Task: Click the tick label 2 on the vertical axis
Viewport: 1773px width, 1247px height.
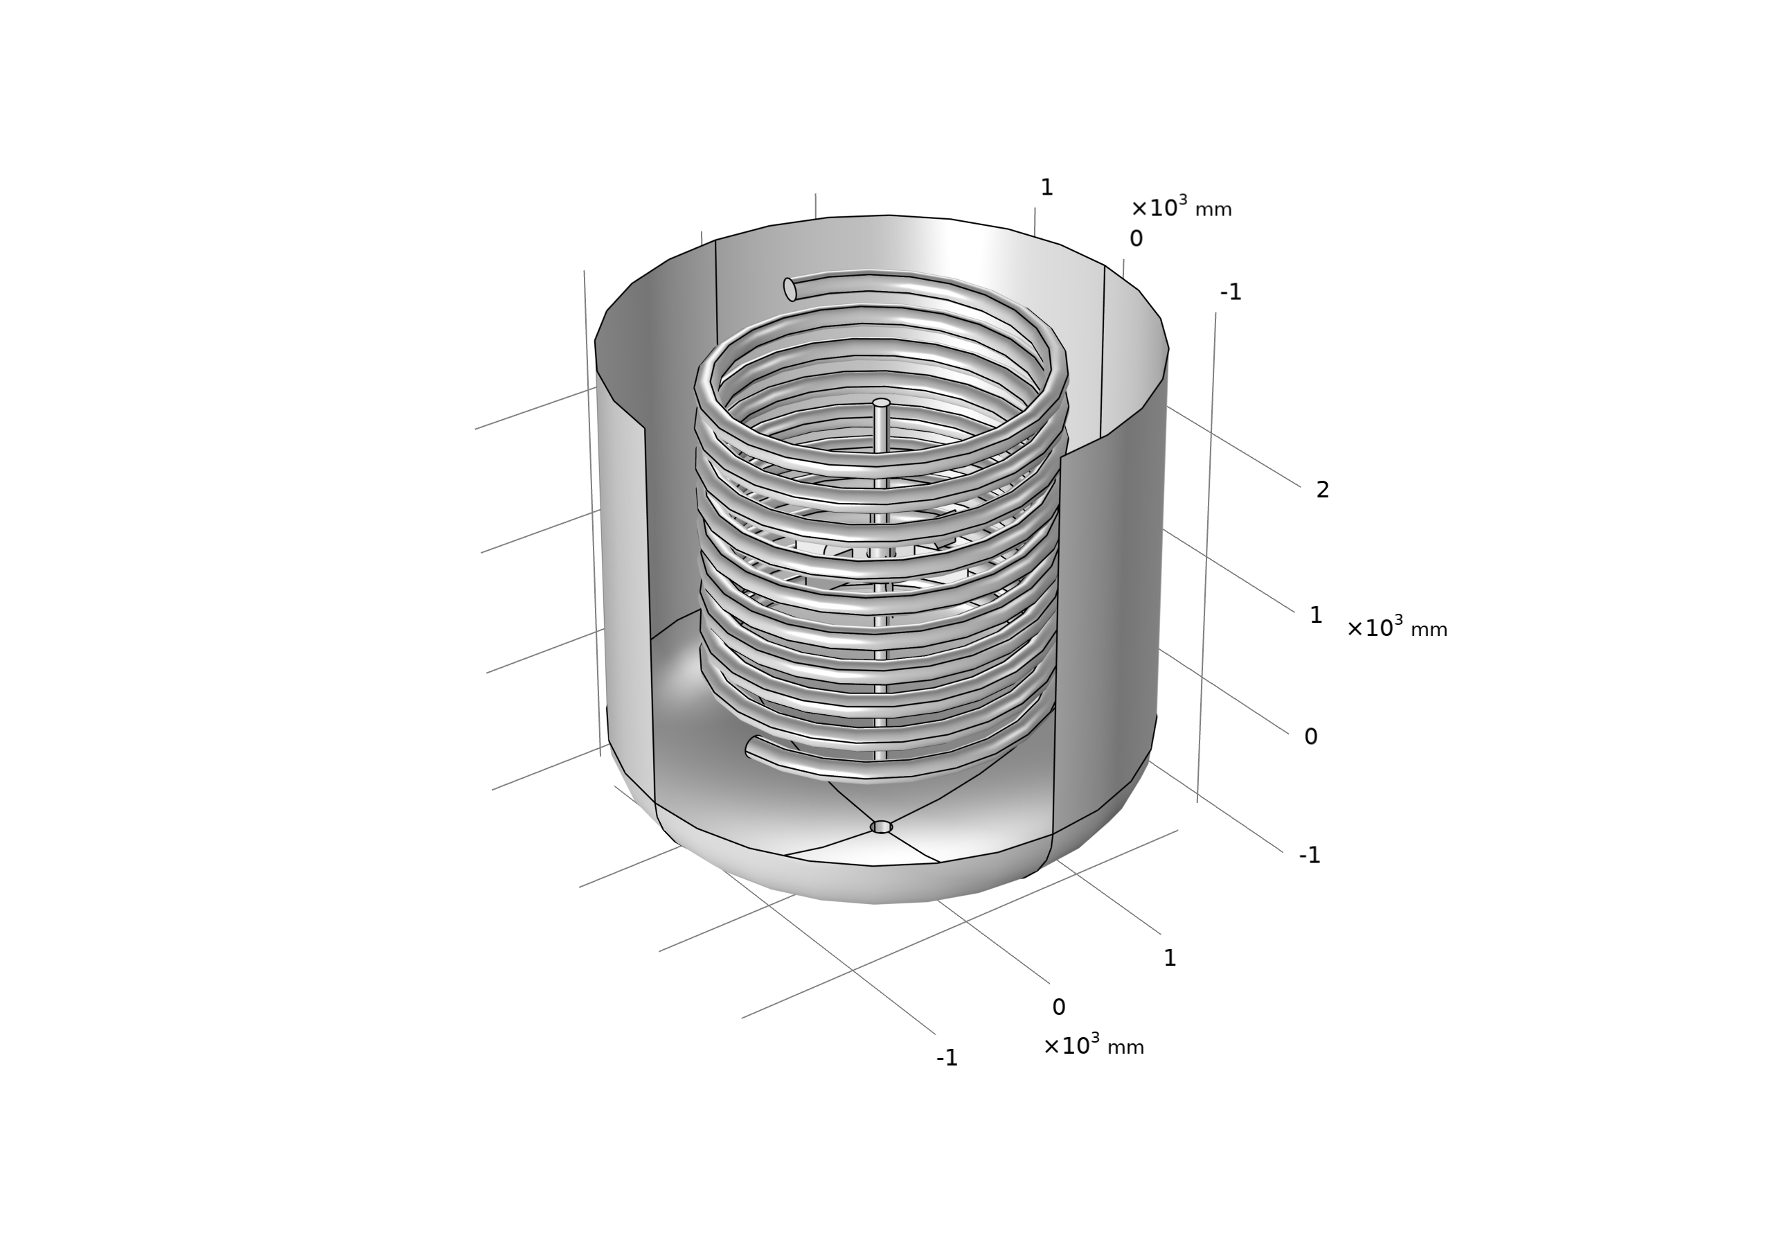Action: (x=1322, y=490)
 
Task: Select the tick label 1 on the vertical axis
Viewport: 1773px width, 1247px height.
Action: (x=1316, y=616)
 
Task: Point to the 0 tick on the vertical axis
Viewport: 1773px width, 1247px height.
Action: (x=1310, y=737)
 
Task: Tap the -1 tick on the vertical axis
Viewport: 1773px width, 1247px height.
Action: (x=1310, y=856)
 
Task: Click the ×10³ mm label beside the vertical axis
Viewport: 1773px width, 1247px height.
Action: (x=1396, y=628)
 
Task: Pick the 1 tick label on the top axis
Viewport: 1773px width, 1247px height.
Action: (x=1046, y=188)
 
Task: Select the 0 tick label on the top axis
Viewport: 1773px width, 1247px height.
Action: (x=1135, y=240)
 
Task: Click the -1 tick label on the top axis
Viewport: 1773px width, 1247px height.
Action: (x=1230, y=292)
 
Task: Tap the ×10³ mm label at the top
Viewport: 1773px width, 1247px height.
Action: (x=1181, y=208)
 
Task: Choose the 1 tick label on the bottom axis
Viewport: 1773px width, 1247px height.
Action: (x=1169, y=959)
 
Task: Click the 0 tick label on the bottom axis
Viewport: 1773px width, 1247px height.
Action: (x=1058, y=1007)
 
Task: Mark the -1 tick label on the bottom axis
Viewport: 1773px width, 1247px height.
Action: (x=947, y=1059)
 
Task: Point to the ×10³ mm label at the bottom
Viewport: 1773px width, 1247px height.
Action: (x=1094, y=1046)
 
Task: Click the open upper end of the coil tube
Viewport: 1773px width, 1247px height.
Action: (x=790, y=290)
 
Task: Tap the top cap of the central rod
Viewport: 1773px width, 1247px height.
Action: (x=881, y=403)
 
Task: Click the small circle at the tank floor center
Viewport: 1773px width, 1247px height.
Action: (x=881, y=827)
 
